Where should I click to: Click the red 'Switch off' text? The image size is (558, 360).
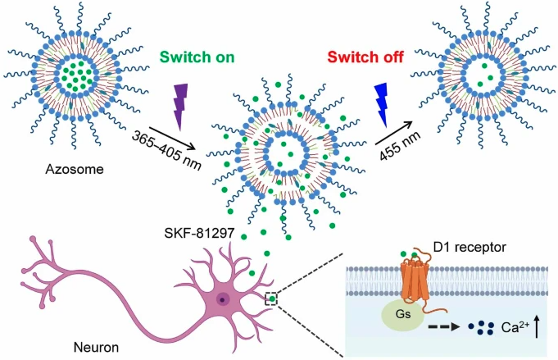(361, 58)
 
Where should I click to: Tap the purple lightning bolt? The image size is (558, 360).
(180, 106)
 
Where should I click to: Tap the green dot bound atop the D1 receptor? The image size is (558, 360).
(402, 255)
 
